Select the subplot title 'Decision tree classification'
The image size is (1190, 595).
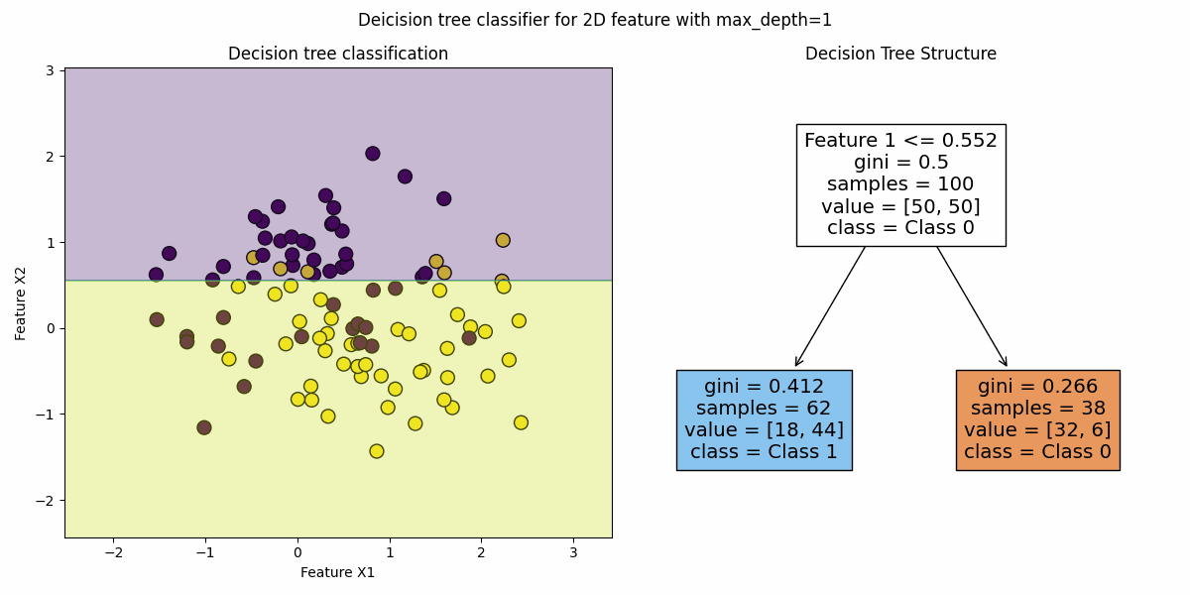(338, 54)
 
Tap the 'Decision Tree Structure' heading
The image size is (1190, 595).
(900, 54)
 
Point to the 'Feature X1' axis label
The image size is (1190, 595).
(337, 572)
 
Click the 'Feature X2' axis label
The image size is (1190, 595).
(20, 303)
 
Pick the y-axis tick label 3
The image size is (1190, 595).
(50, 70)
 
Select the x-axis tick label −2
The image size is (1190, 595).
(113, 553)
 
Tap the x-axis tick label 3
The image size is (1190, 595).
(573, 553)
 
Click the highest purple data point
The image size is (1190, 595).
(373, 154)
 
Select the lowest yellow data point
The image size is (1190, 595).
(377, 451)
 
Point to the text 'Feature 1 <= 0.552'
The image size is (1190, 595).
(900, 140)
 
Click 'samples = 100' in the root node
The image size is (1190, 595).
(900, 183)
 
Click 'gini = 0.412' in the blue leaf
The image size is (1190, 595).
(764, 386)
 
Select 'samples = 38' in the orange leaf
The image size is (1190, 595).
(1037, 408)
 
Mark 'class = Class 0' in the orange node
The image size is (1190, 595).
(1037, 451)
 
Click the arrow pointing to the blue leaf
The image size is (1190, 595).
(830, 306)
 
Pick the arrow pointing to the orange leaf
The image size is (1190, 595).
(972, 306)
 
